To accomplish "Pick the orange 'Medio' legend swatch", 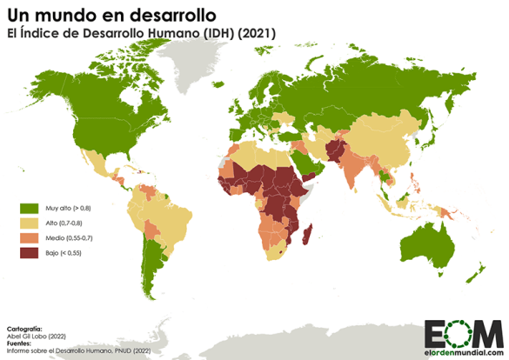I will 30,238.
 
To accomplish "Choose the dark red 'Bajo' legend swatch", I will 30,253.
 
